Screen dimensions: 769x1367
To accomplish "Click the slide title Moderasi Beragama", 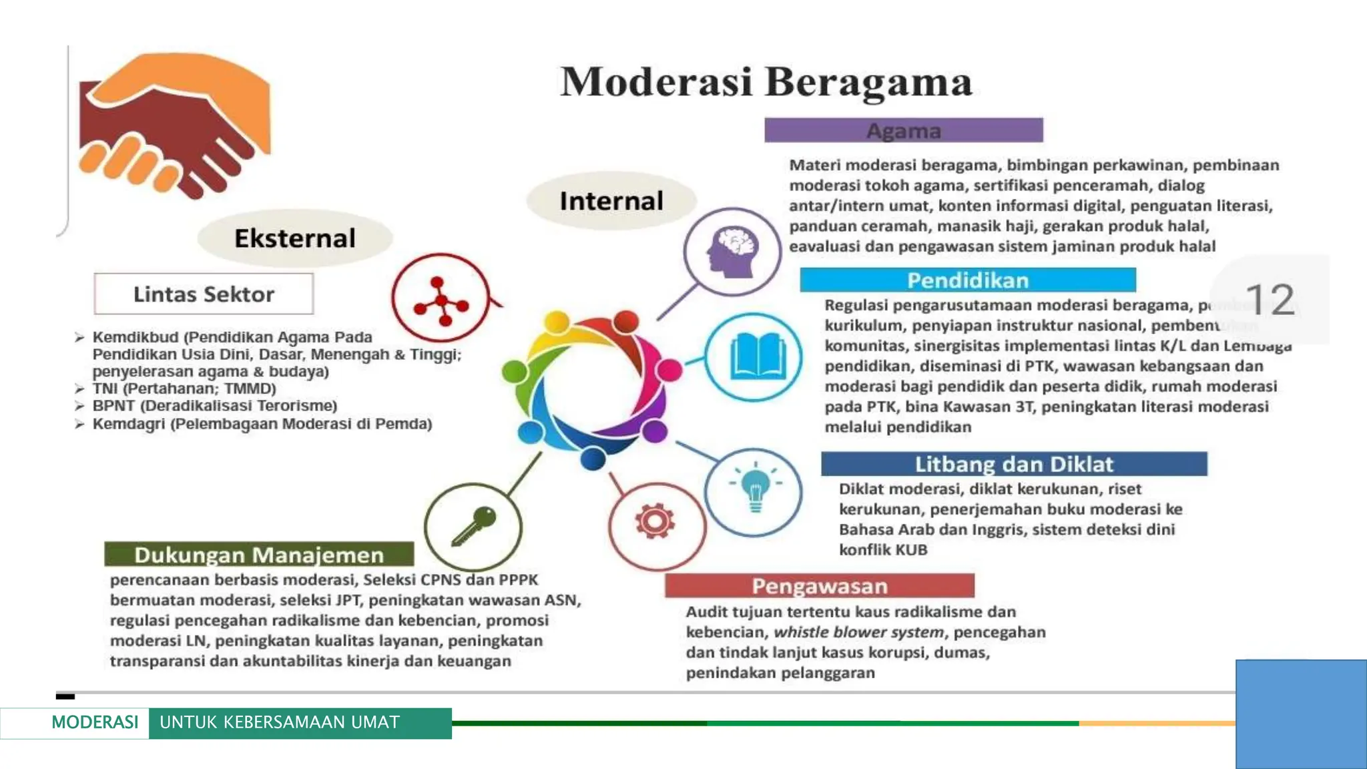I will (766, 83).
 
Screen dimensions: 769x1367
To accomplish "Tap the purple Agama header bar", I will (903, 130).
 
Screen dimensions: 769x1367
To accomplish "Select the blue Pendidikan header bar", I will (967, 280).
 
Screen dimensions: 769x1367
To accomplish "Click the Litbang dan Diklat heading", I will (1013, 464).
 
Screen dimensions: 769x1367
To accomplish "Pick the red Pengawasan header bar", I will (819, 586).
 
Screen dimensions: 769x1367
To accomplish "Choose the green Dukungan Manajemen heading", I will (259, 555).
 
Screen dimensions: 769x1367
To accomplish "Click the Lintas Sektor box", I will (204, 294).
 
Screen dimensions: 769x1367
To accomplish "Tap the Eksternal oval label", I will (294, 238).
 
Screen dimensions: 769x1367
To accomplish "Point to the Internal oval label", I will (611, 201).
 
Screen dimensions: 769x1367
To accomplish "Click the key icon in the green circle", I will (473, 526).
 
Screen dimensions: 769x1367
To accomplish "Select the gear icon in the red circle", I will (655, 521).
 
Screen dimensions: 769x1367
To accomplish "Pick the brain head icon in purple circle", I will (732, 252).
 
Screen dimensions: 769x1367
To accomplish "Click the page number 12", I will (1270, 300).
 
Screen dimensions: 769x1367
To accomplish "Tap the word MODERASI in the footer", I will (95, 722).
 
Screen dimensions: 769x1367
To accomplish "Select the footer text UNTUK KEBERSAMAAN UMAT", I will (280, 722).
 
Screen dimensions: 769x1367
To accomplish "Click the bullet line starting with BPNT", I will (214, 406).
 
